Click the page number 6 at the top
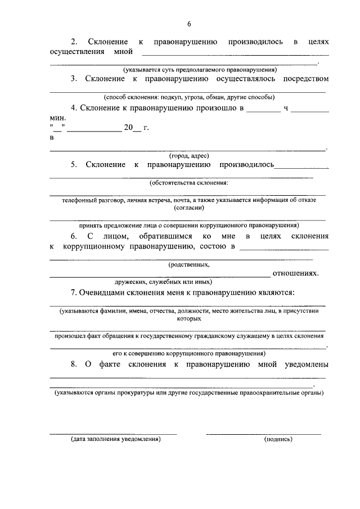(189, 24)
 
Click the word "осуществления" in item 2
(76, 52)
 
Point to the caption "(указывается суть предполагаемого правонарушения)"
(200, 70)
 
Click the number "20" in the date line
(128, 128)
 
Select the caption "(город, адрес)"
(189, 155)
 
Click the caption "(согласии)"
(189, 207)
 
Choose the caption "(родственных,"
(189, 264)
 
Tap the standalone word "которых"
(189, 318)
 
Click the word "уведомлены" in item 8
(301, 364)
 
